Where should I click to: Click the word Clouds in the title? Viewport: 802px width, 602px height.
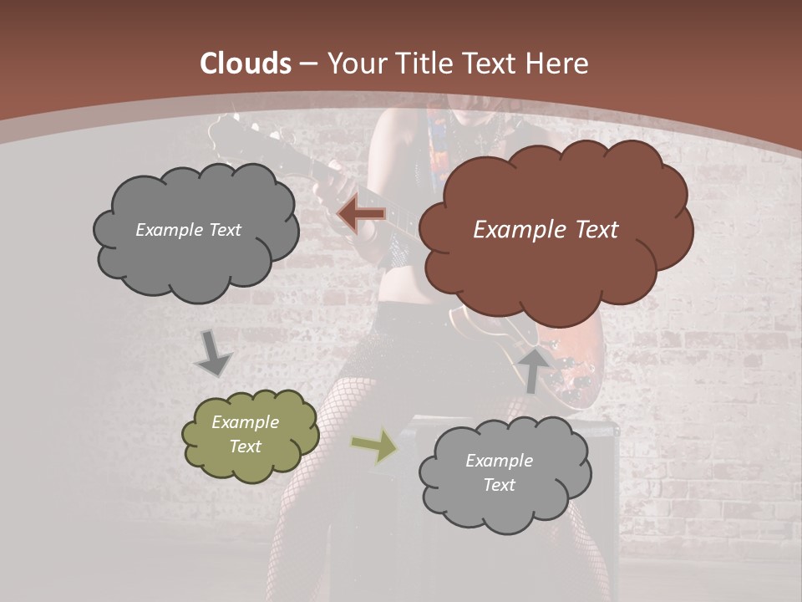(246, 64)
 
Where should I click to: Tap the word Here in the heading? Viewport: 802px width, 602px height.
(558, 64)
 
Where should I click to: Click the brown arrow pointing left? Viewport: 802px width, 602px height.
(361, 214)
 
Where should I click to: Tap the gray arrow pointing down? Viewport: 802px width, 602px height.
(213, 353)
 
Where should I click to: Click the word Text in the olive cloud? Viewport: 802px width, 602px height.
(245, 446)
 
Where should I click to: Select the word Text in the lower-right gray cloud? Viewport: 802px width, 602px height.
(499, 485)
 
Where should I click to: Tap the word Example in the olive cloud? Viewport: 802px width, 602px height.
(245, 422)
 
